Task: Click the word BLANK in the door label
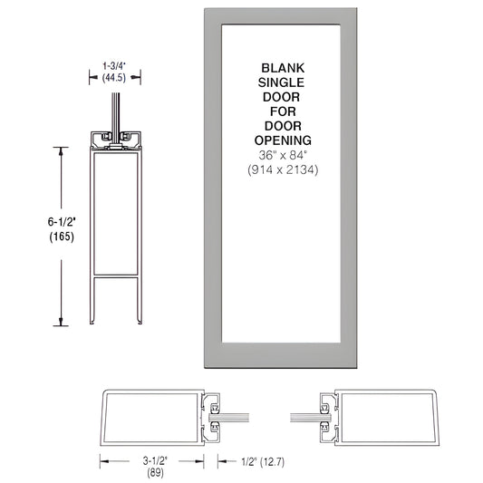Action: click(285, 68)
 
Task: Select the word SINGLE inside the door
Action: click(285, 82)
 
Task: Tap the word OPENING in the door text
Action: click(285, 140)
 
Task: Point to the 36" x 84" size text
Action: click(285, 154)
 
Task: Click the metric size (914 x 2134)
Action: click(285, 169)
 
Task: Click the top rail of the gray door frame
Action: click(285, 15)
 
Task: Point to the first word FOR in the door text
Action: click(285, 111)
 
